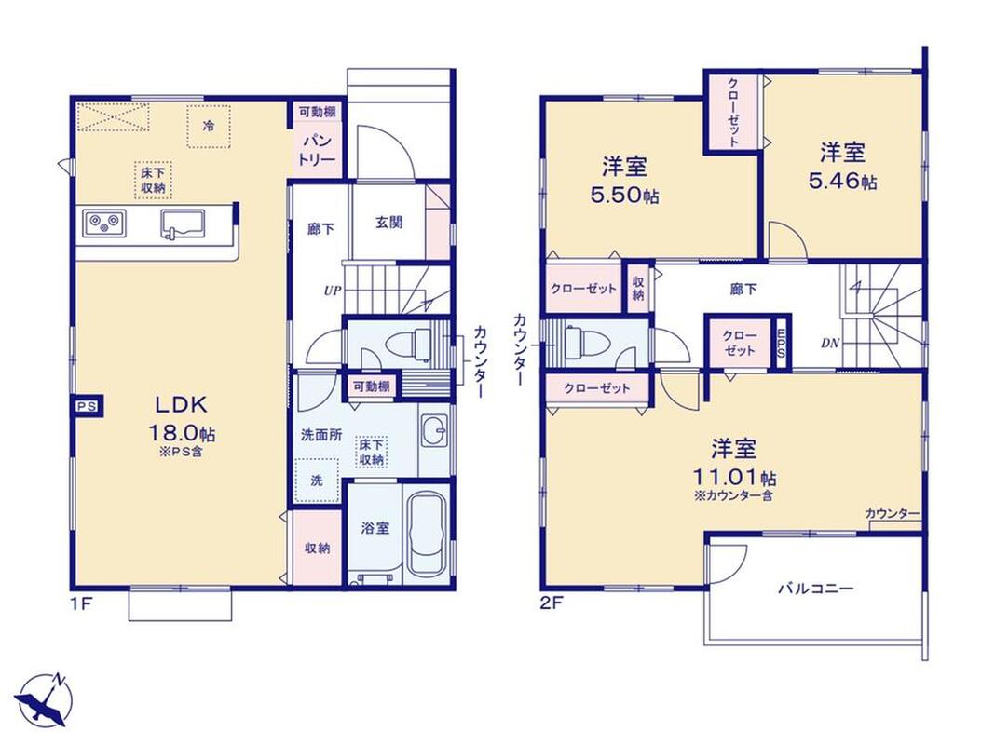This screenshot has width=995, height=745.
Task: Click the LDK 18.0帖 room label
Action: (182, 419)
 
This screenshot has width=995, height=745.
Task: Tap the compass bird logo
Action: (44, 699)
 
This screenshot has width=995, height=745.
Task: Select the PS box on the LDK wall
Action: (87, 406)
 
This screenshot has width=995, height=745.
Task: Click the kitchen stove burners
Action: (103, 223)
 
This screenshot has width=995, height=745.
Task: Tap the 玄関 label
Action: (388, 222)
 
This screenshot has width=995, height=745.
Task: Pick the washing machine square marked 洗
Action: (317, 480)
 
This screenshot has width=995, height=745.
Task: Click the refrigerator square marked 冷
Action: (208, 126)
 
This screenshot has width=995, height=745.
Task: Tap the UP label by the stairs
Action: (333, 291)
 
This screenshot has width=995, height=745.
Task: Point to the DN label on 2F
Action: (830, 344)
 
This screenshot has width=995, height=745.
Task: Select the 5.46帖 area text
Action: (843, 182)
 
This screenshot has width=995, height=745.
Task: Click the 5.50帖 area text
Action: (624, 196)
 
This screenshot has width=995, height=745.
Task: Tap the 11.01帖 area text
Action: (735, 477)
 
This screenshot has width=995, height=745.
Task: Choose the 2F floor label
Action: (551, 603)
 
